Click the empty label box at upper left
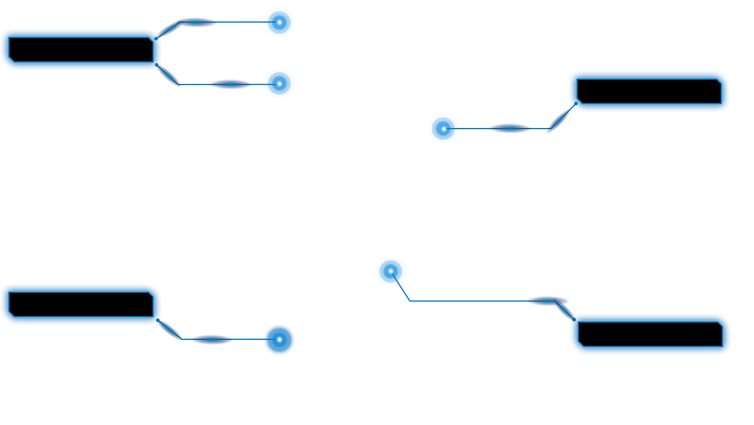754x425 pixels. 81,49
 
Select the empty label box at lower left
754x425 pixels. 81,304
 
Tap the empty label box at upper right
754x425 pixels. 649,91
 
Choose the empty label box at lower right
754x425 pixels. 650,334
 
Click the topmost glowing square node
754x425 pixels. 279,23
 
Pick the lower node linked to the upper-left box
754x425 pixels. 279,84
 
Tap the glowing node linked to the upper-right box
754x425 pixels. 444,129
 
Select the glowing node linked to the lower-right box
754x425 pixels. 391,271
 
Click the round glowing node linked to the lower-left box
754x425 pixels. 279,340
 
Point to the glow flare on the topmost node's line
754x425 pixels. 198,23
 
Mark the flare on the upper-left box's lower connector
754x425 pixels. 230,84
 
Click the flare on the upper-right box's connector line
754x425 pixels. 509,128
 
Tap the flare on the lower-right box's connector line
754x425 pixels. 547,301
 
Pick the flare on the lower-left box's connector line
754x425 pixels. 212,339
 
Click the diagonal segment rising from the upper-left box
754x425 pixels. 169,29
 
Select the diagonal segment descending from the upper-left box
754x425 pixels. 168,75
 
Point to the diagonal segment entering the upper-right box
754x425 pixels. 560,118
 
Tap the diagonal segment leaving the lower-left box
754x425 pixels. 170,330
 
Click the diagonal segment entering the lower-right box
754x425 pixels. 565,310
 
